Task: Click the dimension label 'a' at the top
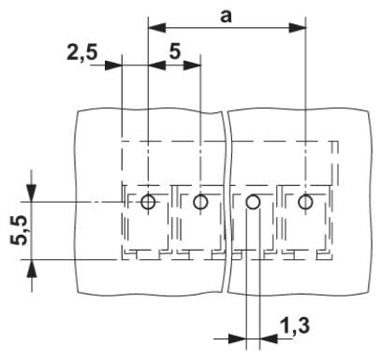point(226,16)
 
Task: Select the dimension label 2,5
point(82,52)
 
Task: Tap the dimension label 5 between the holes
point(175,51)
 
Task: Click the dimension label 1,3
point(295,326)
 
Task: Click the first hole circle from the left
point(148,202)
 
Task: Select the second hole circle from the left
point(200,202)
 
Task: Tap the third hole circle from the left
point(253,202)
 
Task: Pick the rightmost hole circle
point(305,202)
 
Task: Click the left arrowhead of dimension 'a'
point(156,27)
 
